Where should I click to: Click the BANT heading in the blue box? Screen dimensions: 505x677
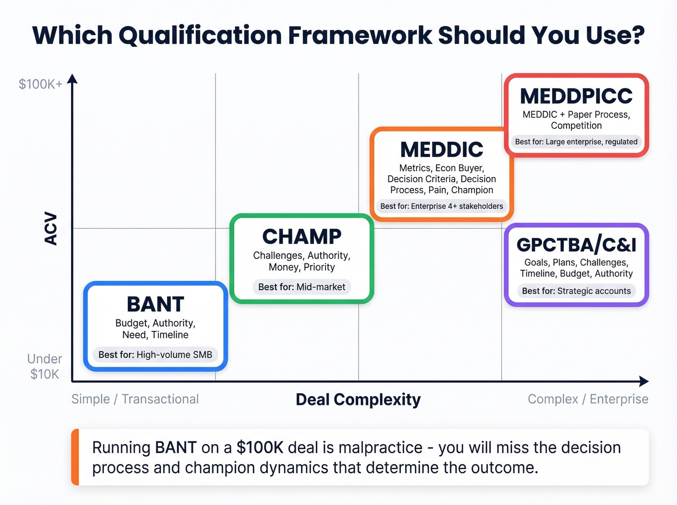155,304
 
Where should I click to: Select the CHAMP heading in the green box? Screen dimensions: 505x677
302,237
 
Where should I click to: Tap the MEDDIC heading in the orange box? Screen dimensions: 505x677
442,150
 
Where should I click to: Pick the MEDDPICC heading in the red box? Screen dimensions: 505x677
576,96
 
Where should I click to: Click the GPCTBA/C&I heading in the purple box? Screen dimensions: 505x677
576,245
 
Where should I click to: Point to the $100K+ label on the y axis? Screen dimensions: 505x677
41,84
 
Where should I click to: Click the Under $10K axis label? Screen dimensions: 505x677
44,366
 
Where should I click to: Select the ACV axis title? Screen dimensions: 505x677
51,229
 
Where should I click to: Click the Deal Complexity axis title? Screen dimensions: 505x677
358,400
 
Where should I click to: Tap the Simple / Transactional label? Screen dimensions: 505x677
135,399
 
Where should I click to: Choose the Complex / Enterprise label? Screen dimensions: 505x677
588,399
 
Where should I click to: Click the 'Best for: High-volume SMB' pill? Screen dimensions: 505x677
155,355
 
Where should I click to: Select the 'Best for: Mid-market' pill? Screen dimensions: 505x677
302,287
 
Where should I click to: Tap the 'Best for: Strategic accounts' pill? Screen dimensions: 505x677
576,291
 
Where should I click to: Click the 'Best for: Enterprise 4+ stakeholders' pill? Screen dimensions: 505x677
442,206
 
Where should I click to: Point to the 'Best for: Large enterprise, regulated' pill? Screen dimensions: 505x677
576,142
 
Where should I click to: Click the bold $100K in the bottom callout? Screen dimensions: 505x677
260,447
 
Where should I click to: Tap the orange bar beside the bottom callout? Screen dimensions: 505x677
74,457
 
